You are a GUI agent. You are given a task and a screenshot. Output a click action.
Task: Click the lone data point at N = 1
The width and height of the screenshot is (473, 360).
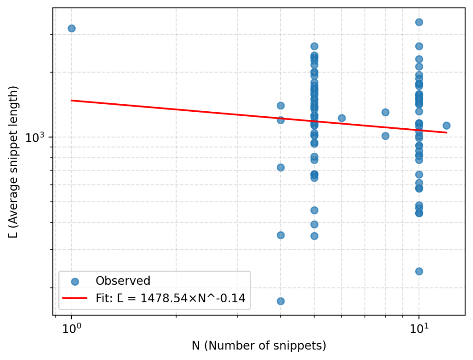72,28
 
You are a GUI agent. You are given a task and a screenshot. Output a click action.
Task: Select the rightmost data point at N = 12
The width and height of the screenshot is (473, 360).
446,126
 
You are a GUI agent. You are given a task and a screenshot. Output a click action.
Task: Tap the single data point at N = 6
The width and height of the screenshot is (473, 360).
342,118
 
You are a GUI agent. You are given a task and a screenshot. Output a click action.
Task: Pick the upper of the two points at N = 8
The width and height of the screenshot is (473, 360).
385,112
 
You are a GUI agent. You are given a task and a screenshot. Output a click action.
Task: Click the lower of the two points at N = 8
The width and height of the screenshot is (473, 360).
385,136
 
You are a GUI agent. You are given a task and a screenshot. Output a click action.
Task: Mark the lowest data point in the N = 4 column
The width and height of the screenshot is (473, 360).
280,301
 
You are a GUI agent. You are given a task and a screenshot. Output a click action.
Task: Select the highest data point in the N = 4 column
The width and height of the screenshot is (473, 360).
280,106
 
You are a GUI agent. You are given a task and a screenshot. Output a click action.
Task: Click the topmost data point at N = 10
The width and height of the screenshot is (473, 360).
419,22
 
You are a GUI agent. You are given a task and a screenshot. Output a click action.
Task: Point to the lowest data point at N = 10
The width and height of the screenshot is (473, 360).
419,271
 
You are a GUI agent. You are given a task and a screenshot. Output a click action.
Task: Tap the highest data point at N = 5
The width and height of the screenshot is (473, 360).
314,46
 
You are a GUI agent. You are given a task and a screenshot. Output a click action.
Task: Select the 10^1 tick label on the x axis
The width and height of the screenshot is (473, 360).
418,328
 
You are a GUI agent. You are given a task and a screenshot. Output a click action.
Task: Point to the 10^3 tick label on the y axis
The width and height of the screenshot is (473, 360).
37,138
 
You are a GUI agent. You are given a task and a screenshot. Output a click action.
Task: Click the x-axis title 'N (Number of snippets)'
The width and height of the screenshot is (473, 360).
259,346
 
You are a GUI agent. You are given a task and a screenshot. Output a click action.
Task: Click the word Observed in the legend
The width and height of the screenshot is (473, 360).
122,281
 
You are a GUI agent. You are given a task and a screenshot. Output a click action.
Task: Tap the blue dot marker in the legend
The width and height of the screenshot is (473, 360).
75,281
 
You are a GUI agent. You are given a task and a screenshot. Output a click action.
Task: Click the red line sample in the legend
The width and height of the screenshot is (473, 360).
75,299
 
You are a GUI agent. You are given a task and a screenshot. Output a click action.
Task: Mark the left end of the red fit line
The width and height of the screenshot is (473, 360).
72,100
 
